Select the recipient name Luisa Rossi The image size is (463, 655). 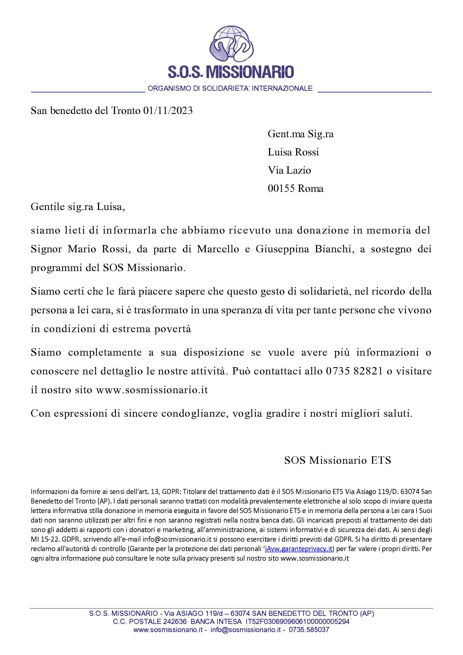tap(293, 152)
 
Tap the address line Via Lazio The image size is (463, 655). tap(289, 170)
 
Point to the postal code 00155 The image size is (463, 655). tap(281, 188)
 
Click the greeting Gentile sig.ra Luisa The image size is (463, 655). tap(78, 207)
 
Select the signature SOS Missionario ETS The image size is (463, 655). tap(338, 460)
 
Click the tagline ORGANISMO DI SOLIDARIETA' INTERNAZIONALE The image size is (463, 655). tap(230, 88)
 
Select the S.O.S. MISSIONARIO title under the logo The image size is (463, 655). tap(231, 72)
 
